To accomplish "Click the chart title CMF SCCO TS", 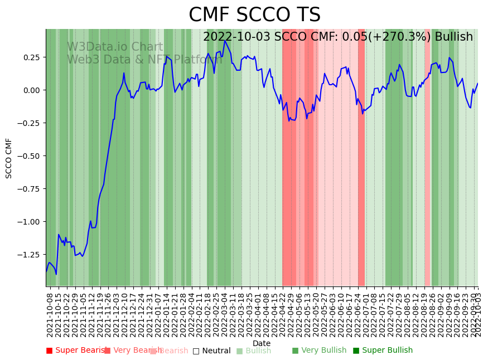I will (254, 15).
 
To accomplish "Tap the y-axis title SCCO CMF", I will (9, 158).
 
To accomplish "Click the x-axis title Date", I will (262, 343).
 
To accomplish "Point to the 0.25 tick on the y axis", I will (31, 57).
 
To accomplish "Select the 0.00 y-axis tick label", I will (31, 90).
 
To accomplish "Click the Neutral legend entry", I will (212, 351).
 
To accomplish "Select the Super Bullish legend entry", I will (383, 351).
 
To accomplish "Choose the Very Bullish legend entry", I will (320, 351).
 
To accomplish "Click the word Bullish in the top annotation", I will (454, 37).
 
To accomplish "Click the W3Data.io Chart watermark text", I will (115, 47).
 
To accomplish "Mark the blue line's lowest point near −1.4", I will (56, 274).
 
